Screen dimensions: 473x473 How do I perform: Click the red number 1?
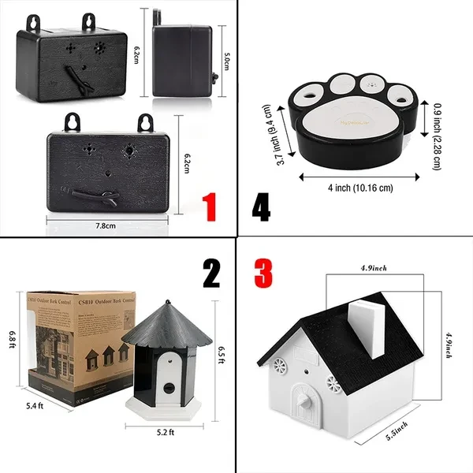tap(210, 207)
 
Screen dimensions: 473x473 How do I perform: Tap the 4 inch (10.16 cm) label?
tap(360, 188)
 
